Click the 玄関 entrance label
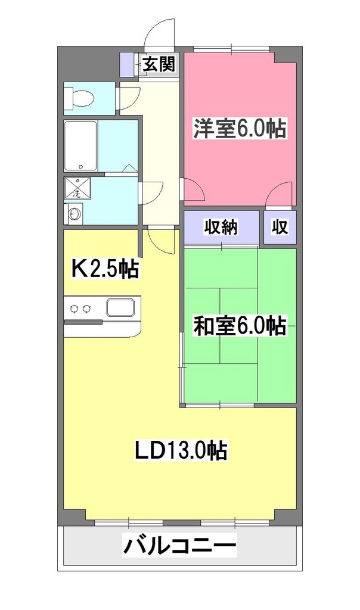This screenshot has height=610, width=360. pos(159,64)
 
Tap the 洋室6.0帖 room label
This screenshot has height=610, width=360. pos(239,129)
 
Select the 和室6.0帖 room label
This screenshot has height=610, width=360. pos(239,326)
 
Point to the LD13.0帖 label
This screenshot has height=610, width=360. pos(180,451)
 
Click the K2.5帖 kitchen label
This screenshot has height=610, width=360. pos(105,269)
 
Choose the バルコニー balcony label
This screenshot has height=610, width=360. pos(179,545)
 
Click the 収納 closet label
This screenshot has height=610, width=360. pos(222,227)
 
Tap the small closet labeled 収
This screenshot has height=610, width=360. pos(280,227)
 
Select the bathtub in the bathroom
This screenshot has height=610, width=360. pos(81,146)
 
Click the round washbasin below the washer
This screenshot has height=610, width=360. pos(74,213)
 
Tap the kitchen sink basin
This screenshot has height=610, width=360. pos(120,308)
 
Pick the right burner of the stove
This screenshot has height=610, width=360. pos(88,308)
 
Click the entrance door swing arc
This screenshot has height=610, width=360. pos(159,31)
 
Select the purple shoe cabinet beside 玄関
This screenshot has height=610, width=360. pos(126,64)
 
